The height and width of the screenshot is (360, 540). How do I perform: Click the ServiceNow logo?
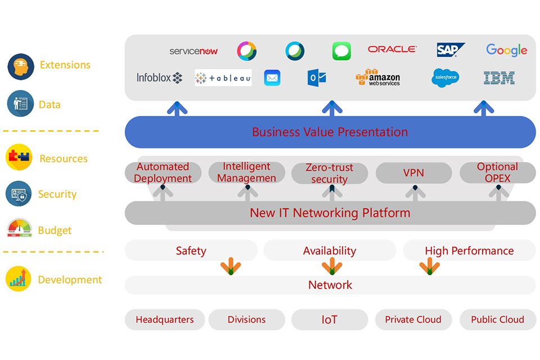tap(193, 51)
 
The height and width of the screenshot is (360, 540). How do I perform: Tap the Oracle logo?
tap(392, 49)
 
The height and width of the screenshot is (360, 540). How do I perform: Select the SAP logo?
tap(451, 50)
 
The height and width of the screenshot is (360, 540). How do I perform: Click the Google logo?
tap(506, 50)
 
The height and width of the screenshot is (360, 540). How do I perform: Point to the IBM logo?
tap(499, 78)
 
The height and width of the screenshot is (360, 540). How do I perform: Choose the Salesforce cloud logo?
tap(445, 78)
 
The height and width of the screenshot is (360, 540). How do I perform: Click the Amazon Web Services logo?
tap(378, 78)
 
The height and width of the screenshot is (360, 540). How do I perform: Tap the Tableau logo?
tap(223, 78)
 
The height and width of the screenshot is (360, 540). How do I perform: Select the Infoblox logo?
tap(160, 78)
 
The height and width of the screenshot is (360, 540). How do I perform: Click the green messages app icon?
tap(341, 51)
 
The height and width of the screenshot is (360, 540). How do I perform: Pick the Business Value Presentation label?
tap(330, 132)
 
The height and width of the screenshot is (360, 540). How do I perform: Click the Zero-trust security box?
tap(330, 173)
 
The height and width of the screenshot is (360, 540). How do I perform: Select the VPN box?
tap(413, 173)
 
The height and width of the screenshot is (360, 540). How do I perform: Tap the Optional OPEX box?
tap(497, 173)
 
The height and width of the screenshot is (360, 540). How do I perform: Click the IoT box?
tap(330, 319)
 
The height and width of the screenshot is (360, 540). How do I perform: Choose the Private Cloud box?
tap(413, 319)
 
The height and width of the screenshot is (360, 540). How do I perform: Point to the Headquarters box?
tap(164, 319)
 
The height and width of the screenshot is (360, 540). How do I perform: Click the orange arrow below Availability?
tap(332, 266)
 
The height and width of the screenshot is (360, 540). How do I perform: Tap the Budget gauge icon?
tap(19, 228)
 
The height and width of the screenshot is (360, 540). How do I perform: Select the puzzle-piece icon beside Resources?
tap(19, 158)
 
